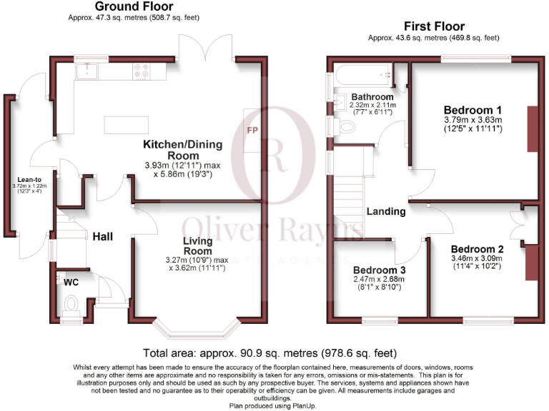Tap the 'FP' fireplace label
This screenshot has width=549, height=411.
(252, 131)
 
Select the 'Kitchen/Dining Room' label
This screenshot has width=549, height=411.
(183, 149)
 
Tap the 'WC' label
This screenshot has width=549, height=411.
(71, 283)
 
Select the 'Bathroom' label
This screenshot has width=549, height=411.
(372, 96)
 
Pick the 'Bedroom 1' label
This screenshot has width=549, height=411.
(473, 110)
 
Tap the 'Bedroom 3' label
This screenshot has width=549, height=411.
(379, 270)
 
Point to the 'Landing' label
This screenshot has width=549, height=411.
(386, 211)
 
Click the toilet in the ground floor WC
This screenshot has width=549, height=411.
(71, 305)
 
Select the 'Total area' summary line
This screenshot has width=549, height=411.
(270, 353)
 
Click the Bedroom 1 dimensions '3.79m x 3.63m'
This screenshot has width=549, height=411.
(473, 121)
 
